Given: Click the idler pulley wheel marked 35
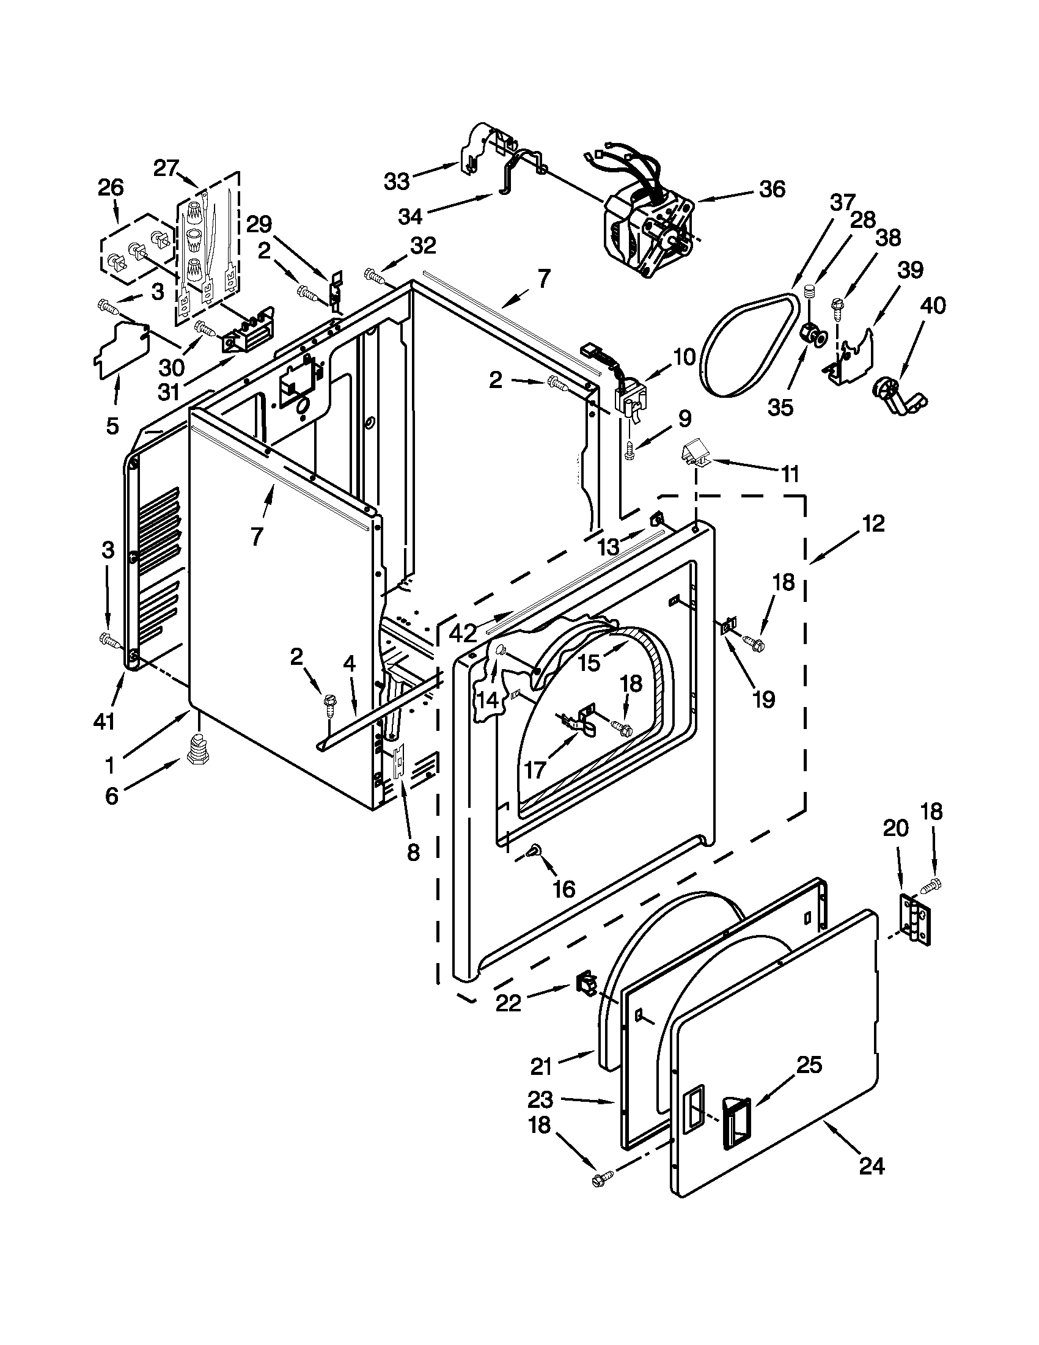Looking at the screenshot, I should [x=812, y=336].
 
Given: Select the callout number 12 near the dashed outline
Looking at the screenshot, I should [x=873, y=524].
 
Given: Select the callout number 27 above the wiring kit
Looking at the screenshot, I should [x=166, y=168].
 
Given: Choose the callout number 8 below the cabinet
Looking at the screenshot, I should [x=413, y=852].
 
